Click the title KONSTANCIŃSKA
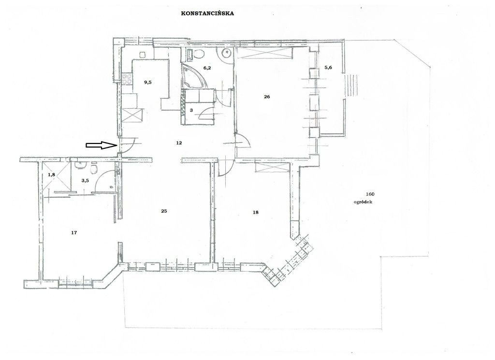click(207, 14)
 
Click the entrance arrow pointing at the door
click(101, 145)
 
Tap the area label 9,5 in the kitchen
click(147, 82)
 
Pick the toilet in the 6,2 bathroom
click(199, 54)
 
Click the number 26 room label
click(267, 96)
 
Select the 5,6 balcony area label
click(328, 68)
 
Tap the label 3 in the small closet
click(191, 111)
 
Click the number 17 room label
click(74, 232)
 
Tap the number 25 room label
click(164, 211)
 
